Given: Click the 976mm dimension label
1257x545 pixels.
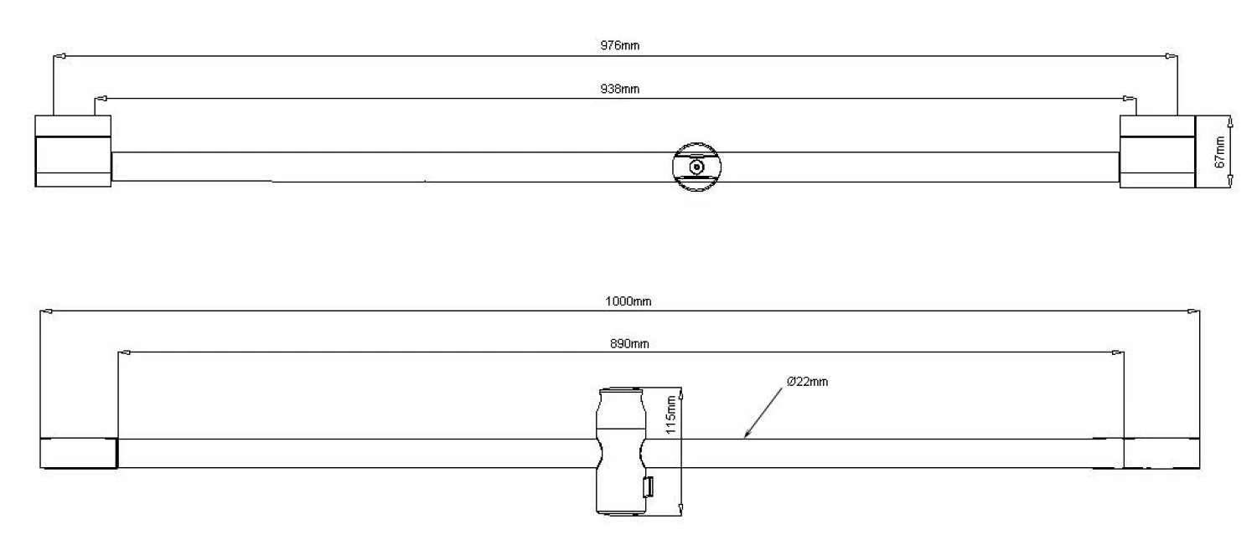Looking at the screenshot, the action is [x=619, y=45].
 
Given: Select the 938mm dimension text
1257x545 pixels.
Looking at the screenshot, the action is [x=619, y=89].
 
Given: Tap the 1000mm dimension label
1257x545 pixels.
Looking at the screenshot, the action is [x=628, y=301].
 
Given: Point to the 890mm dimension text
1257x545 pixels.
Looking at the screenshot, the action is [x=629, y=344].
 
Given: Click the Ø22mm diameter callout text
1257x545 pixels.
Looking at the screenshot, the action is [x=807, y=382].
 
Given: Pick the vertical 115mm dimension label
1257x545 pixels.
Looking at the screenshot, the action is [x=670, y=415].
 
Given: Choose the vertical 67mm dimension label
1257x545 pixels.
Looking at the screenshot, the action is [x=1219, y=152].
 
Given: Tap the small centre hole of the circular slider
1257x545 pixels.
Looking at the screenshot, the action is [x=696, y=167].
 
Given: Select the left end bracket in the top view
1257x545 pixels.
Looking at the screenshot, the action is [x=73, y=152].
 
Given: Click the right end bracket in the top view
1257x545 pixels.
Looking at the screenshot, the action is [x=1157, y=152].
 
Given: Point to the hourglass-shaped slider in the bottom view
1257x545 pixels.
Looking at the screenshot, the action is [x=621, y=451].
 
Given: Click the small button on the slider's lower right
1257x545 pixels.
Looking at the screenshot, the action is [x=648, y=486].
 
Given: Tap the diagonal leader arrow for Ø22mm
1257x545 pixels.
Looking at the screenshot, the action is [x=763, y=413].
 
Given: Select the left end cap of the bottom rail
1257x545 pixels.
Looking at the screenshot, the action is [x=79, y=453].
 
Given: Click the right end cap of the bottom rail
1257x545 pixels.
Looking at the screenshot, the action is [x=1161, y=453].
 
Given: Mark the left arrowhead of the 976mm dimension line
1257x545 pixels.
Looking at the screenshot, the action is [x=59, y=56].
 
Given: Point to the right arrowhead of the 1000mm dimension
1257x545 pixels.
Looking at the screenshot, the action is [x=1193, y=311].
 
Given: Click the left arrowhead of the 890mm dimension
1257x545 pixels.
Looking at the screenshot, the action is [x=125, y=352].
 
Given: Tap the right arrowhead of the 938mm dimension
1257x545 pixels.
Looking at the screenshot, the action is [x=1130, y=99].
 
